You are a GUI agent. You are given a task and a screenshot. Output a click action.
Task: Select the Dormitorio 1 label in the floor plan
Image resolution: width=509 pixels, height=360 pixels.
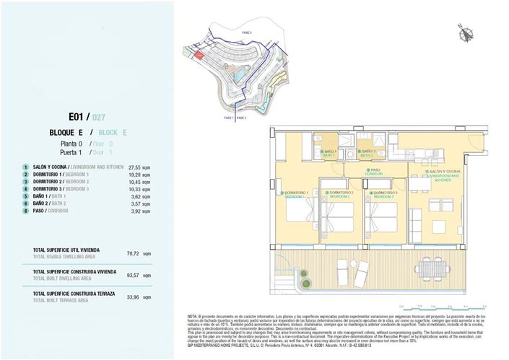297,193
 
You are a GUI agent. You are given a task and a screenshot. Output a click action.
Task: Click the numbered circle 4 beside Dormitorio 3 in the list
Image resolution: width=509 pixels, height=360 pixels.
25,189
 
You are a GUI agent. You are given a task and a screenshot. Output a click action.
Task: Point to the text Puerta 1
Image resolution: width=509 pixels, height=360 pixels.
71,152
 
